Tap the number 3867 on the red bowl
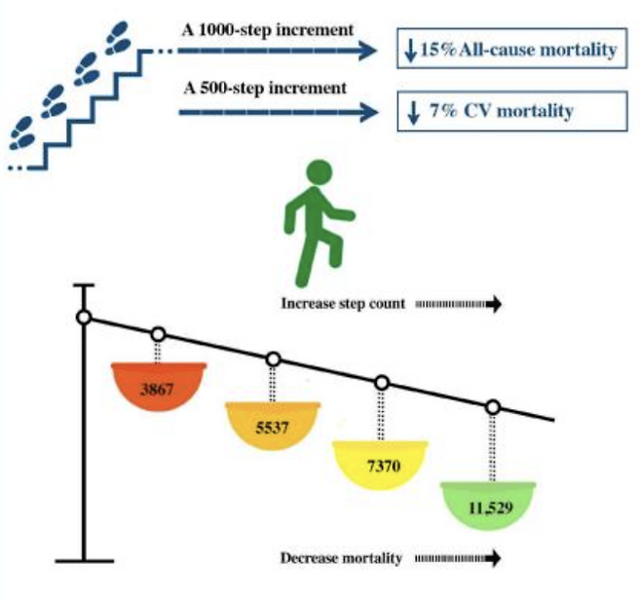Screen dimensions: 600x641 click(159, 389)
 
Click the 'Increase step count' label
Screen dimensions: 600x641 click(344, 304)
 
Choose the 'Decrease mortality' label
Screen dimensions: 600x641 click(341, 558)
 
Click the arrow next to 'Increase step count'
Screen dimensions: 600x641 click(458, 304)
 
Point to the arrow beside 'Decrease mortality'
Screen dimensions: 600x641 click(458, 559)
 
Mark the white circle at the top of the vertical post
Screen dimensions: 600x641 click(85, 318)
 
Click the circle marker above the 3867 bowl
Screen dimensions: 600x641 click(159, 335)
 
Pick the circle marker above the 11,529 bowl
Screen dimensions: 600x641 click(493, 406)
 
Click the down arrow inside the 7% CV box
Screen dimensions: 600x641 click(413, 110)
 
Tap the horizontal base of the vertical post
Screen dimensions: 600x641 click(85, 560)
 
